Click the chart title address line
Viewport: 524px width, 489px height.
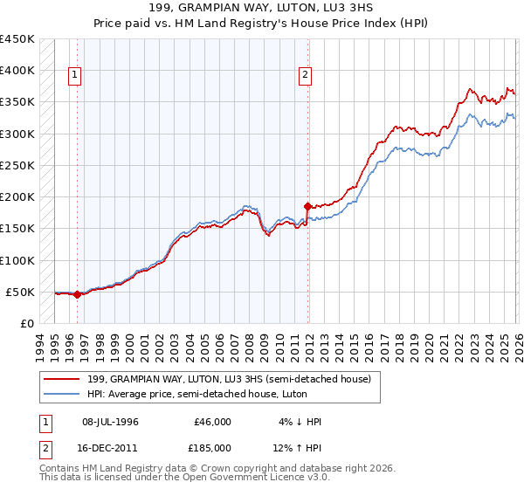tap(262, 8)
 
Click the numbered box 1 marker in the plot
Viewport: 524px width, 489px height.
tap(76, 76)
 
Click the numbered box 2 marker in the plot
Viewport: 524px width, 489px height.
tap(306, 76)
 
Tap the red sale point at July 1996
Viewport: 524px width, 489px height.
tap(77, 294)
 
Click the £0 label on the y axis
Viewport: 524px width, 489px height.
tap(26, 323)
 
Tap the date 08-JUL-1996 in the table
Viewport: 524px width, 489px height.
tap(110, 422)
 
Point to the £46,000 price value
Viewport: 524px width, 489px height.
tap(212, 422)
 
